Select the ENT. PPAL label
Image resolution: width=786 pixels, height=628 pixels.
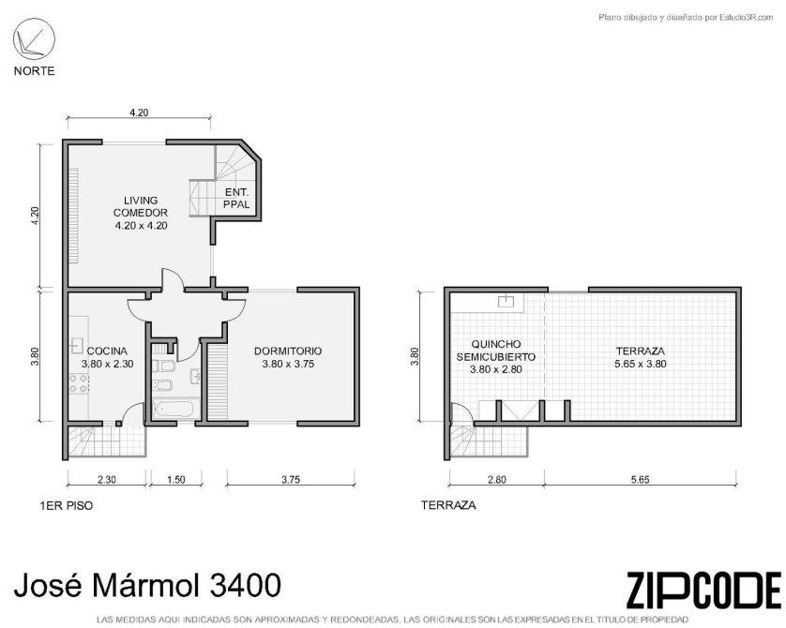tap(236, 199)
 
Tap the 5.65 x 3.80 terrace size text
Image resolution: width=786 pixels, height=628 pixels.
tap(640, 364)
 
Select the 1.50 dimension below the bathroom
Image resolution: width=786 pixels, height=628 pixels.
tap(176, 479)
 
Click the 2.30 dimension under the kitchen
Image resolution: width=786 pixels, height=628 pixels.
tap(107, 479)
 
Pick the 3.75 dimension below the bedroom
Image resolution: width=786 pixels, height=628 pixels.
tap(291, 479)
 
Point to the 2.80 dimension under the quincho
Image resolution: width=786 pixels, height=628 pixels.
tap(496, 479)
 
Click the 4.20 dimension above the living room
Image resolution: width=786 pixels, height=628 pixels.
tap(139, 112)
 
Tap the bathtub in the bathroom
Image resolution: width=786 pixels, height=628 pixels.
tap(175, 408)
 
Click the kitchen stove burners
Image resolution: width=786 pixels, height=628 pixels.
tap(79, 383)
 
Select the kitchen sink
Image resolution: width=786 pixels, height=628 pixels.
tap(77, 346)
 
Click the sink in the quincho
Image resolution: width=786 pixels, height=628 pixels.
tap(506, 301)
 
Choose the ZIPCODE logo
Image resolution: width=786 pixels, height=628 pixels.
tap(703, 590)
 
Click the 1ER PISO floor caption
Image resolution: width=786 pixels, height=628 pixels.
tap(67, 505)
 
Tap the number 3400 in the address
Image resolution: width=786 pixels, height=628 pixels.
tap(246, 585)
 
